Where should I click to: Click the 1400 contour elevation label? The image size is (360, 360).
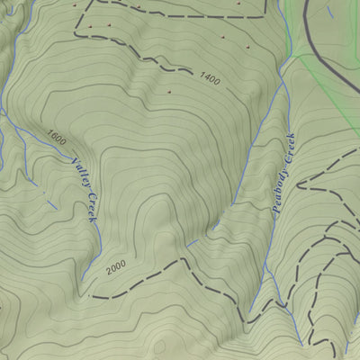point(210,81)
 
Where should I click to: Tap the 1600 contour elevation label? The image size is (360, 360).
point(57,138)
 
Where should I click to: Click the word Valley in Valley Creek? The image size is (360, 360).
point(80,171)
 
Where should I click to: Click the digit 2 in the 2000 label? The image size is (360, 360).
point(108,271)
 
